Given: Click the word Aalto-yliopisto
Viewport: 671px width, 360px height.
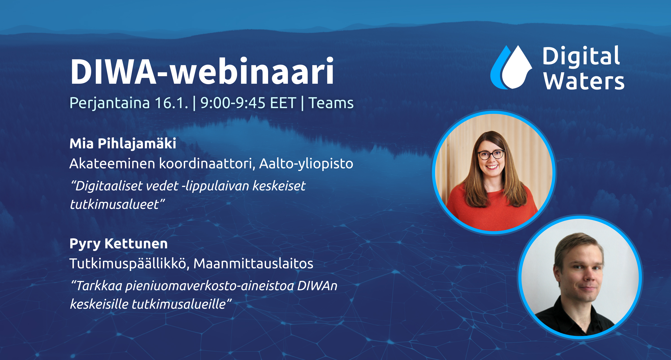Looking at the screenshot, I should (x=306, y=164).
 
